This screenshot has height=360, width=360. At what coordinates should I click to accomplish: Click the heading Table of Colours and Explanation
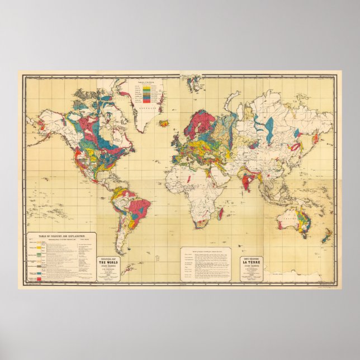click(61, 237)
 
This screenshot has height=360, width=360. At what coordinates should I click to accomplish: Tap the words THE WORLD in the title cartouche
click(113, 253)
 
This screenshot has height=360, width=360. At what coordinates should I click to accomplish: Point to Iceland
click(164, 123)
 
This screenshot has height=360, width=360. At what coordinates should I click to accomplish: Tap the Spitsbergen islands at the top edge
click(194, 83)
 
